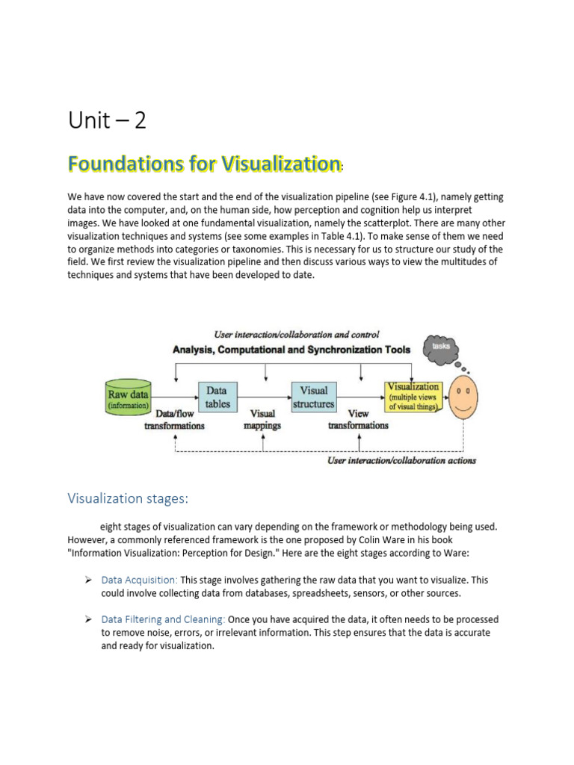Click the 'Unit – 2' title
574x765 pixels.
pos(107,121)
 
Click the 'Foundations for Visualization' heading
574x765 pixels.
pos(204,163)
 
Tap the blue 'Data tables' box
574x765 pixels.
pos(217,397)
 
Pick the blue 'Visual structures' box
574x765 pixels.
pos(313,397)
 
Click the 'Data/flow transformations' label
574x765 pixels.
pos(174,419)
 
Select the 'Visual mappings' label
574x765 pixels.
pos(262,419)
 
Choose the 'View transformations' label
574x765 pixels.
pos(358,419)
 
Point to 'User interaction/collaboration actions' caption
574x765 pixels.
pos(401,460)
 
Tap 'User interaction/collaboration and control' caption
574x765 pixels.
pos(297,334)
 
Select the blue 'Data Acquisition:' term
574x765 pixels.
pos(139,580)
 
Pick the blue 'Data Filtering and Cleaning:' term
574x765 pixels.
pos(163,619)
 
